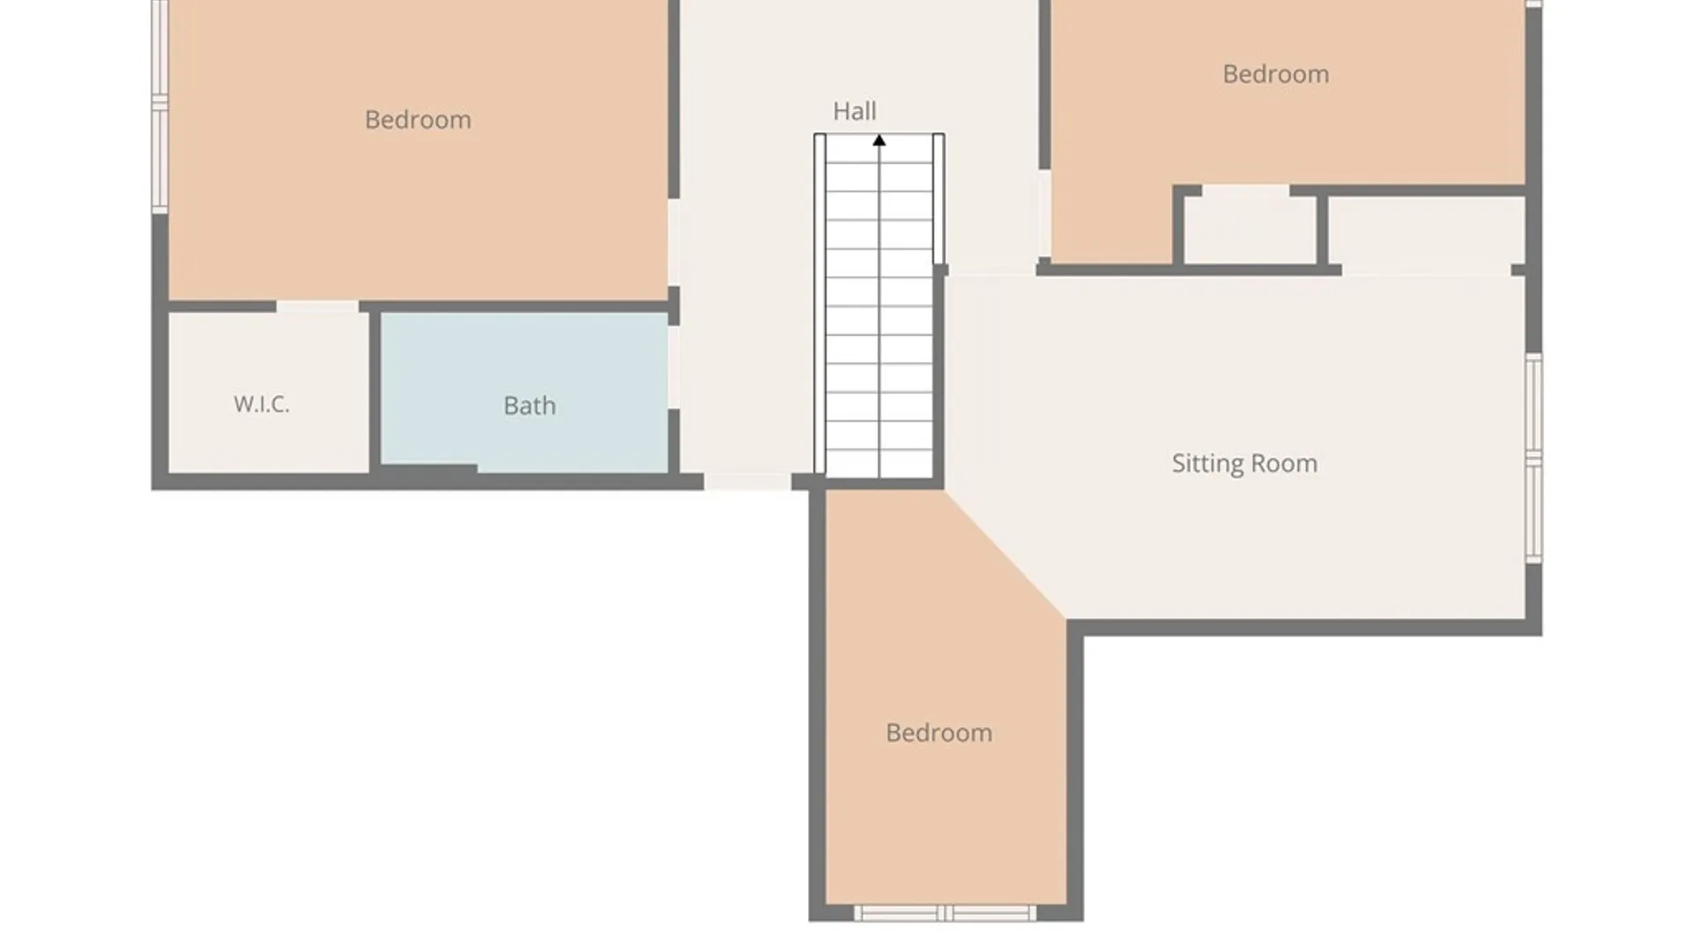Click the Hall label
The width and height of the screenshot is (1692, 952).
point(854,111)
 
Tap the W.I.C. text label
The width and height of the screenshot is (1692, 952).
point(261,404)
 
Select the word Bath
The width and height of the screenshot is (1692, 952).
point(529,405)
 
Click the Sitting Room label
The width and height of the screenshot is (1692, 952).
point(1244,464)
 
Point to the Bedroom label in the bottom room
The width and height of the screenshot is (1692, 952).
point(939,733)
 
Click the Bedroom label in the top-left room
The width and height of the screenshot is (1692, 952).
point(418,119)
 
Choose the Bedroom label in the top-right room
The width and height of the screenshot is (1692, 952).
point(1275,74)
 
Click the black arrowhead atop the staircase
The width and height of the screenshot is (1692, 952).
point(879,140)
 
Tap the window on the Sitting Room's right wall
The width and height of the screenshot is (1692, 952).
point(1534,458)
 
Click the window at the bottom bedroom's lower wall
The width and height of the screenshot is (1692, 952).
point(946,913)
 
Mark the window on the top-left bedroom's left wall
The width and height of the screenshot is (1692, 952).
point(160,106)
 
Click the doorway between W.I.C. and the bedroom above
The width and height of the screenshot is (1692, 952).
point(317,307)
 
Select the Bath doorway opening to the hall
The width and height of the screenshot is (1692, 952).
point(673,367)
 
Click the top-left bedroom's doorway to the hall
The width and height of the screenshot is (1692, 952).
point(673,242)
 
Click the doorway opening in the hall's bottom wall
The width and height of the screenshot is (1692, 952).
point(747,481)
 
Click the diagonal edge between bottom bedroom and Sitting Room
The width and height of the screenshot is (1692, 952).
point(1006,554)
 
